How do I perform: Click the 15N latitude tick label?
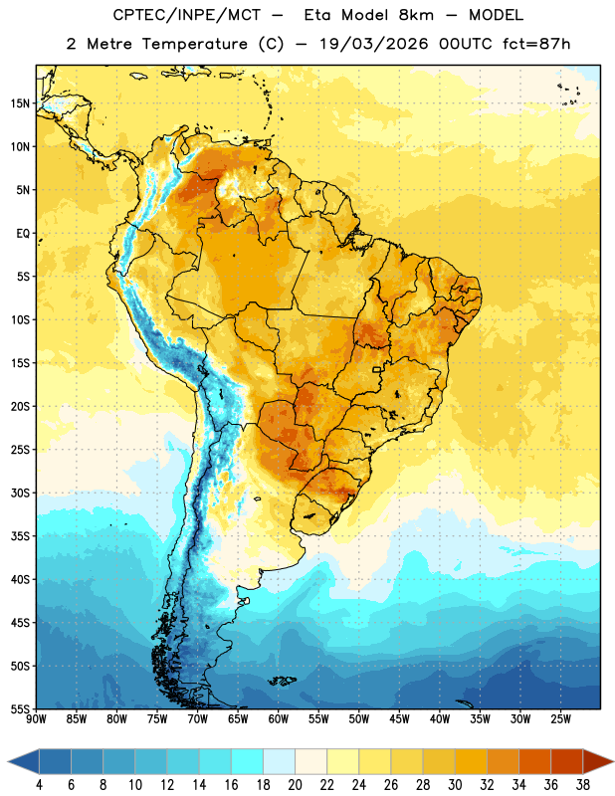pyautogui.click(x=20, y=103)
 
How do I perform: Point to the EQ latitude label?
pyautogui.click(x=23, y=234)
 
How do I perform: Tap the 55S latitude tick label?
pyautogui.click(x=20, y=708)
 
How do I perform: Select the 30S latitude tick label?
pyautogui.click(x=20, y=493)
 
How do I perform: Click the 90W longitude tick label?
pyautogui.click(x=36, y=719)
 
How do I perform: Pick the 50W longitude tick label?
pyautogui.click(x=359, y=719)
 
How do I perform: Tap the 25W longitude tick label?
pyautogui.click(x=560, y=719)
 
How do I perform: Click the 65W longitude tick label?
pyautogui.click(x=238, y=719)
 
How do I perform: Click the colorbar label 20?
pyautogui.click(x=295, y=785)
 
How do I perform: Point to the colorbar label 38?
pyautogui.click(x=583, y=785)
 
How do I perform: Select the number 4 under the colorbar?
pyautogui.click(x=39, y=785)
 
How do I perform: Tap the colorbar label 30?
pyautogui.click(x=455, y=785)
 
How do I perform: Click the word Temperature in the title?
pyautogui.click(x=194, y=44)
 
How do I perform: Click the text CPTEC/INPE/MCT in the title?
pyautogui.click(x=186, y=15)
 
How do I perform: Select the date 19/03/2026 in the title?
pyautogui.click(x=374, y=44)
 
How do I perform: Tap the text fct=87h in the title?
pyautogui.click(x=536, y=44)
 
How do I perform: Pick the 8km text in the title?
pyautogui.click(x=416, y=15)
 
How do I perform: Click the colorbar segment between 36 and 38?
pyautogui.click(x=567, y=761)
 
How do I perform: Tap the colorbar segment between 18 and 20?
pyautogui.click(x=279, y=761)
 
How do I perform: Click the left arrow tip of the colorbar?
pyautogui.click(x=8, y=761)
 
